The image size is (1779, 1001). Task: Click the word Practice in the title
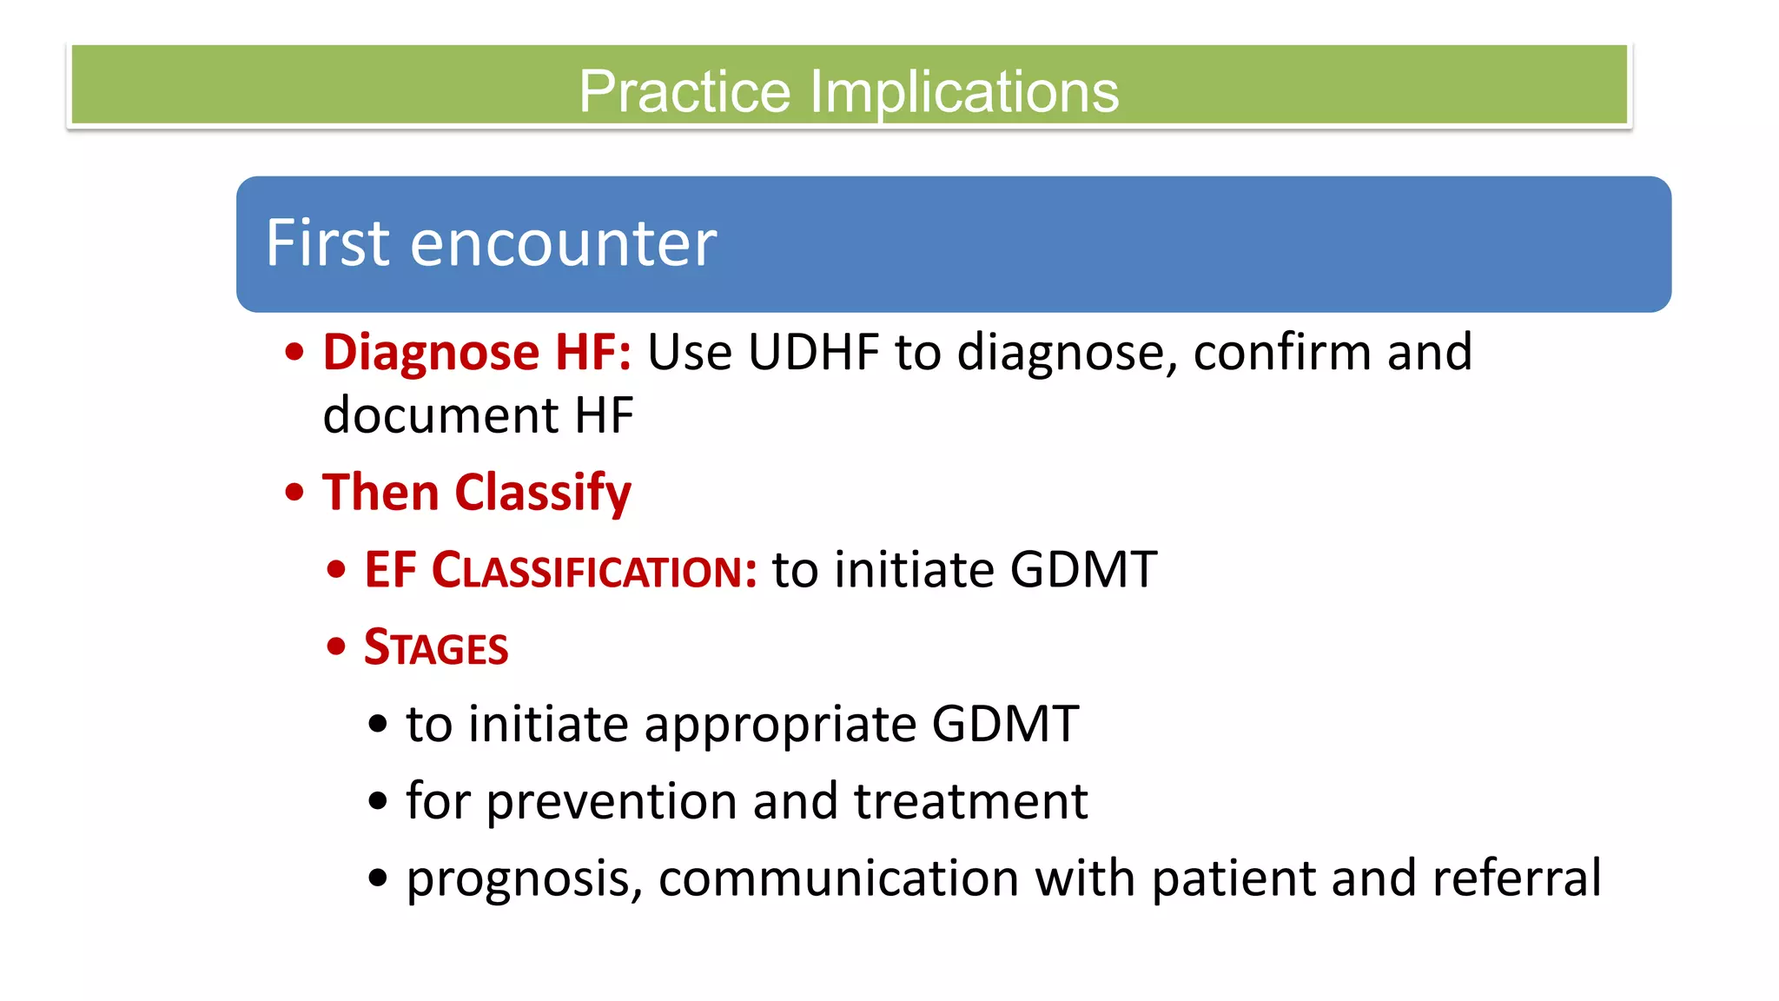coord(684,91)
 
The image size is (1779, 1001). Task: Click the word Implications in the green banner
coord(964,91)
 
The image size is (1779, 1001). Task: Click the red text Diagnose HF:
coord(477,352)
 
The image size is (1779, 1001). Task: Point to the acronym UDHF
coord(814,352)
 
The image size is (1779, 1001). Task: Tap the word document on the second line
coord(440,415)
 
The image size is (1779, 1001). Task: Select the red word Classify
coord(543,493)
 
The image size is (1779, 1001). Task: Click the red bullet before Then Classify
coord(294,493)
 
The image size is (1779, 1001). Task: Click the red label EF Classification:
coord(560,571)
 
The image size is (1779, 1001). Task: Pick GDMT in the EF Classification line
coord(1083,570)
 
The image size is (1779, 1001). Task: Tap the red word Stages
coord(436,648)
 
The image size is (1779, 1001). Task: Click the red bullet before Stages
coord(336,646)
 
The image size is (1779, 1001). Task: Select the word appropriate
coord(779,725)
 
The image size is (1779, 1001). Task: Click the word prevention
coord(612,801)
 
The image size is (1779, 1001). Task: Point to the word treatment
coord(970,801)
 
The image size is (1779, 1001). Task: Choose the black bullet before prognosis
coord(377,878)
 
